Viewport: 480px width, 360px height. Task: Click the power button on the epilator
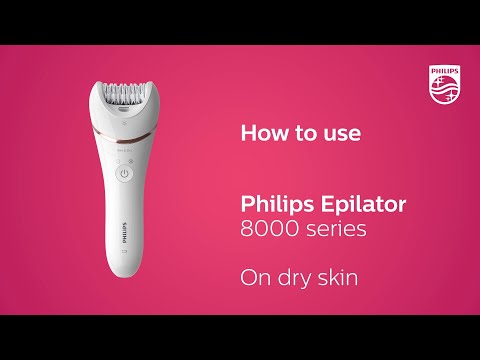tap(124, 174)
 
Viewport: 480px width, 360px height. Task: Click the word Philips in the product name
tap(272, 205)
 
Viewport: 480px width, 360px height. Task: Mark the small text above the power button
tap(124, 150)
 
